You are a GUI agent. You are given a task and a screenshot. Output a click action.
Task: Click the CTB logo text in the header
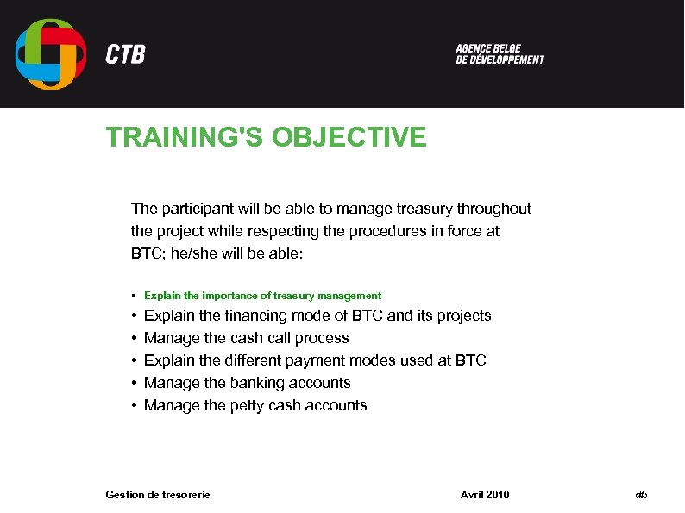pyautogui.click(x=125, y=54)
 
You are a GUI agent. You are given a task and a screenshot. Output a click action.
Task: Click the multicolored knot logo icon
pyautogui.click(x=51, y=54)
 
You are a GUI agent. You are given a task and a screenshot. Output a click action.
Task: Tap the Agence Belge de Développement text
pyautogui.click(x=500, y=54)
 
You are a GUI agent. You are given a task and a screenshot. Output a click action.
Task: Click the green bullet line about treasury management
pyautogui.click(x=262, y=296)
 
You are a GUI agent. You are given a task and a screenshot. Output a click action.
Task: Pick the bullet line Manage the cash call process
pyautogui.click(x=246, y=338)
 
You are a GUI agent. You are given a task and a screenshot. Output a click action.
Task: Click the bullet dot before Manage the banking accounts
pyautogui.click(x=135, y=383)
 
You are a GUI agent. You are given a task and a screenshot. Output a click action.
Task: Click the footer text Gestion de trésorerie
pyautogui.click(x=157, y=494)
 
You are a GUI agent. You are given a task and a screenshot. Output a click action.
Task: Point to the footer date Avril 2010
pyautogui.click(x=485, y=494)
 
